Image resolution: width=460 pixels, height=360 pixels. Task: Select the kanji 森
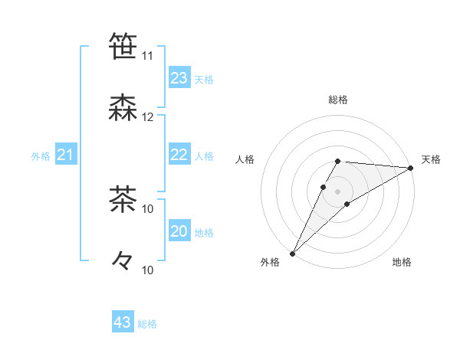(x=123, y=107)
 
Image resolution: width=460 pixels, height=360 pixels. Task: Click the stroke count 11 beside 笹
(x=148, y=56)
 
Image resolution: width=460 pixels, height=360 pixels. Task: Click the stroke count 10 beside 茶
(x=148, y=208)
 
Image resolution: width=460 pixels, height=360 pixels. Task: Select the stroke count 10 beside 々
(x=148, y=270)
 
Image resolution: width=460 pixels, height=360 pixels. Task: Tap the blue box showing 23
(x=179, y=78)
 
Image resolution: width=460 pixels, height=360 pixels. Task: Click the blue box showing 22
(x=179, y=155)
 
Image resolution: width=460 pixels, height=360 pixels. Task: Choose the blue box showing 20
(x=179, y=231)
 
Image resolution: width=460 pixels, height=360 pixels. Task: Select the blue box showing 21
(x=66, y=155)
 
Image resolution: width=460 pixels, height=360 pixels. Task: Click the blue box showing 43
(x=123, y=322)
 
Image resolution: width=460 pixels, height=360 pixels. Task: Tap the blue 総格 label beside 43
(x=147, y=324)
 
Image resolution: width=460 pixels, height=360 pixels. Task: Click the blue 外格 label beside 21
(x=41, y=156)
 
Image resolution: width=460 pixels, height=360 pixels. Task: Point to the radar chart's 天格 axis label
(x=431, y=159)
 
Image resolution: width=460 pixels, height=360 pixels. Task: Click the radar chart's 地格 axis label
(x=402, y=262)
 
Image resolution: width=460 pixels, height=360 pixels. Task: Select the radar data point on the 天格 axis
(x=410, y=168)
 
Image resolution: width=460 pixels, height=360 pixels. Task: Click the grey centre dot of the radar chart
(x=337, y=191)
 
